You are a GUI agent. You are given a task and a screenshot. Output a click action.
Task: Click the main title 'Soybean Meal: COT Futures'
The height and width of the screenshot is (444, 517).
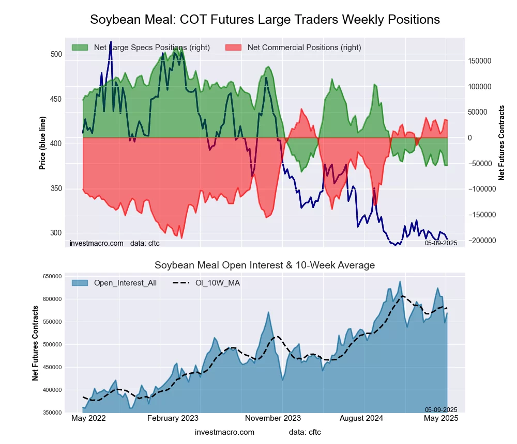pos(265,20)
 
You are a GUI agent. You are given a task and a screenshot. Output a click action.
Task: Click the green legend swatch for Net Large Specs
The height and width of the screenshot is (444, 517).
pos(80,47)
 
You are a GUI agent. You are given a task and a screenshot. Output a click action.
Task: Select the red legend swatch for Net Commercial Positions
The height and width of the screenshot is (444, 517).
pos(233,47)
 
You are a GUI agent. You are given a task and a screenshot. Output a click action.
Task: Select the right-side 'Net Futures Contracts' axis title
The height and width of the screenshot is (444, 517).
pos(501,143)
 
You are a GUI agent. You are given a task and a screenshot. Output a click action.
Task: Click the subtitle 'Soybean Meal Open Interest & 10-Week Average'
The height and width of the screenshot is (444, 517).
pos(265,265)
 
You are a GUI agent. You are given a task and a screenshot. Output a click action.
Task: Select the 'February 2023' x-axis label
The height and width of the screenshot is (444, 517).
pos(173,418)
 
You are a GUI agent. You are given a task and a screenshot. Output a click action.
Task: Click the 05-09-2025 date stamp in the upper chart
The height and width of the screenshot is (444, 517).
pos(441,243)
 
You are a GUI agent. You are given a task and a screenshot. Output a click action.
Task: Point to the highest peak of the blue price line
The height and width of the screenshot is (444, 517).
pos(111,42)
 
